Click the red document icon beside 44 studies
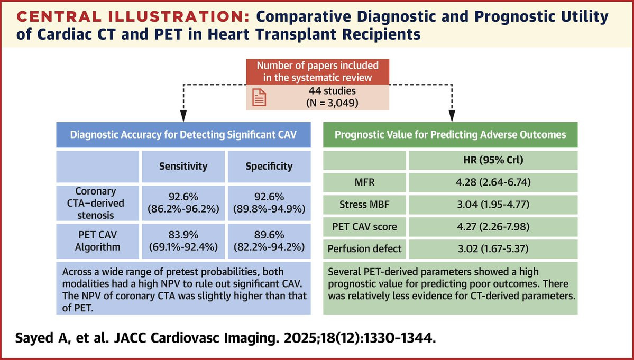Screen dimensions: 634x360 [x=259, y=97]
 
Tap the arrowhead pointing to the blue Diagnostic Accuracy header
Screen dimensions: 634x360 [x=183, y=116]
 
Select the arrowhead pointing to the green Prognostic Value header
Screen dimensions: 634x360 [x=452, y=116]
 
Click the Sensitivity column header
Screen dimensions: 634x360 [x=183, y=166]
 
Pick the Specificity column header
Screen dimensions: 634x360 [x=269, y=166]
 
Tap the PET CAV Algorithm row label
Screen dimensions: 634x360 [x=97, y=241]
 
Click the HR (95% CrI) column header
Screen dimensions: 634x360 [x=493, y=160]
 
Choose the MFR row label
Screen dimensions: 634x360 [x=364, y=182]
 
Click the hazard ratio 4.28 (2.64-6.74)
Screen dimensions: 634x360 [x=493, y=182]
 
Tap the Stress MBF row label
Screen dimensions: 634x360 [x=364, y=205]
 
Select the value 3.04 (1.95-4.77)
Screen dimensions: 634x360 [x=493, y=205]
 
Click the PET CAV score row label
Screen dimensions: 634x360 [x=364, y=226]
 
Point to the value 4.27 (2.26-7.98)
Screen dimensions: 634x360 [x=493, y=226]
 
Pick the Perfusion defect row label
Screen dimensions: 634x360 [x=364, y=248]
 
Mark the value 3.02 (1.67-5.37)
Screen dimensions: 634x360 [x=493, y=248]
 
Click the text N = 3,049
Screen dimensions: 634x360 [x=333, y=103]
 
